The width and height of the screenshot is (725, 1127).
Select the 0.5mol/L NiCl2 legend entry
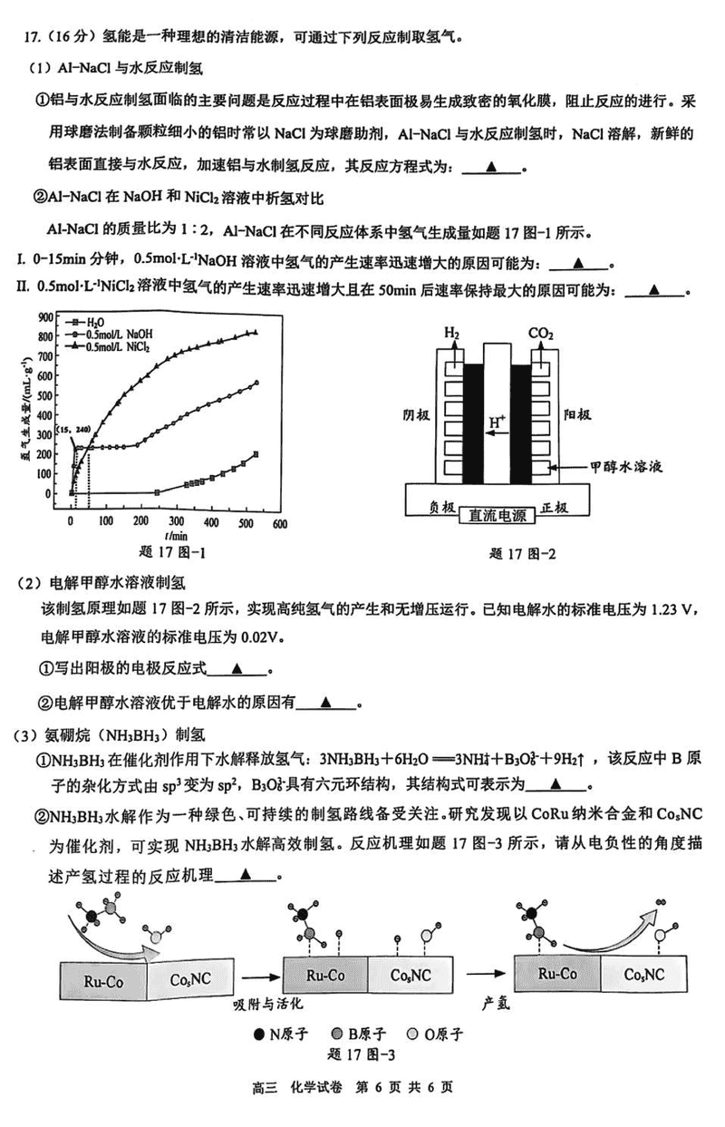tap(117, 346)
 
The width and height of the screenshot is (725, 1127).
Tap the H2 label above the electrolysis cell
tap(452, 334)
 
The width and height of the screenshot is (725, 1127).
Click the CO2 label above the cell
tap(541, 334)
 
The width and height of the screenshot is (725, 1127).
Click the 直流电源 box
tap(497, 517)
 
